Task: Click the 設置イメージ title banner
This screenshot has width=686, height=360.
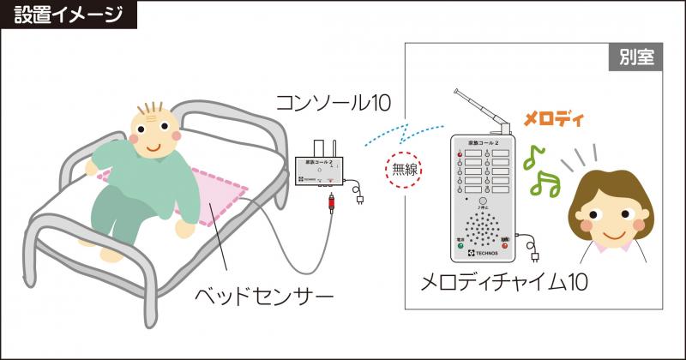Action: [x=68, y=15]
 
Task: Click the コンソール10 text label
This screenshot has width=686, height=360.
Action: [x=333, y=103]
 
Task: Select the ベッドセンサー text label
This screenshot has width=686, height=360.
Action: [x=262, y=297]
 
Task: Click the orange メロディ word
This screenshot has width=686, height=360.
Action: [x=553, y=118]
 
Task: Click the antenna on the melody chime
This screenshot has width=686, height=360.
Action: [x=480, y=107]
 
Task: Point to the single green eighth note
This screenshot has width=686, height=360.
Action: [x=535, y=156]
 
